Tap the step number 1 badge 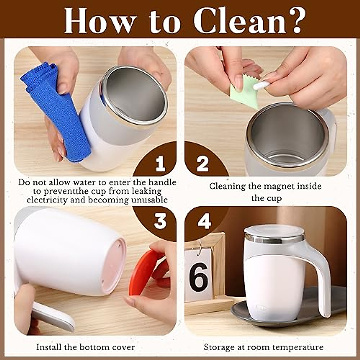click(160, 164)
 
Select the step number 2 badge click(202, 164)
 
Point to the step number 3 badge click(160, 221)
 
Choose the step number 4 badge click(204, 222)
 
